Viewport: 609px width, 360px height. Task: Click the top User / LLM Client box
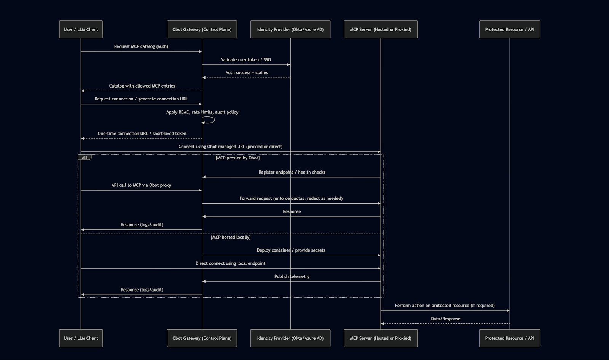pos(81,29)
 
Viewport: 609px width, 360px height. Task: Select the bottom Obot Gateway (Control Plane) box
pos(202,338)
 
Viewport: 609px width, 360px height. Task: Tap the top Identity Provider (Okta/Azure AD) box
pos(290,29)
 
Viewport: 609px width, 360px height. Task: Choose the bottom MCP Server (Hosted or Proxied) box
pos(380,338)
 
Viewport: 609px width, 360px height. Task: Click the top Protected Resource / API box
pos(509,29)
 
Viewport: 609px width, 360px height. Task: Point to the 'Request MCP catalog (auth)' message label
pos(141,46)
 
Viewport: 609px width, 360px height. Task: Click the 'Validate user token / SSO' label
pos(246,60)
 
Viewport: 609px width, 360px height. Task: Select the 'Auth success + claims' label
pos(247,73)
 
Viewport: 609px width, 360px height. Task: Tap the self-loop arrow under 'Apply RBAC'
pos(209,120)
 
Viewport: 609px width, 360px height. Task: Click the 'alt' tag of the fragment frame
pos(84,158)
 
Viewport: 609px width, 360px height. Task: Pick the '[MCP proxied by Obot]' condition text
pos(238,158)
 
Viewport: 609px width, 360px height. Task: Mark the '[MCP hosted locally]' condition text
pos(231,237)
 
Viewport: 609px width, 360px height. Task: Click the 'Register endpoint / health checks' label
pos(292,172)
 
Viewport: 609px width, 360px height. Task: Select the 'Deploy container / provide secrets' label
pos(291,250)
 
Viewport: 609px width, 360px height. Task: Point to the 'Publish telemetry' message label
pos(292,277)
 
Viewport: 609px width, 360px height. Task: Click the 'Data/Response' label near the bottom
pos(445,319)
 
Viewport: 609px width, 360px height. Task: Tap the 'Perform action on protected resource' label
pos(445,306)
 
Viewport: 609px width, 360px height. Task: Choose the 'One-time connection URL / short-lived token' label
pos(142,134)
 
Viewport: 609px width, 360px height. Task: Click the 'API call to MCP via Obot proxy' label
pos(141,185)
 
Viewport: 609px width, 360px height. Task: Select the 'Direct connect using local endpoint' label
pos(230,263)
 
